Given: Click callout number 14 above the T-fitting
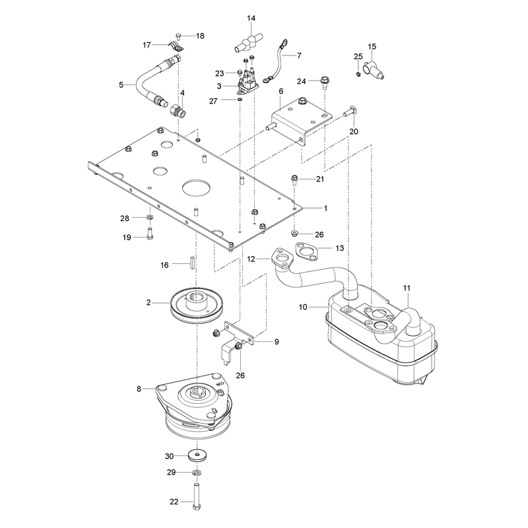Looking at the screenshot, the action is [251, 18].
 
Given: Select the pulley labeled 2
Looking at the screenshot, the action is [196, 305].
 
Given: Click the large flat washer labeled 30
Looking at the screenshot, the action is [197, 455].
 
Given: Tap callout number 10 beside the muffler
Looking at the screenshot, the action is [303, 307].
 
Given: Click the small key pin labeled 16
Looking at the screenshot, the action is [192, 263].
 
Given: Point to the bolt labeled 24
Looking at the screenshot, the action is [325, 82].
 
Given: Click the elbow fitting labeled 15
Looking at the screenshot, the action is [373, 69].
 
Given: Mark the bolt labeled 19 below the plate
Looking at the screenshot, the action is [150, 234].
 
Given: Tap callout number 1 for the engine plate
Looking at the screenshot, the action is [325, 209].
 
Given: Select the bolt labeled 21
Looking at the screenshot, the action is [294, 180].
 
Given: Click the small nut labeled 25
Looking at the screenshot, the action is [358, 74].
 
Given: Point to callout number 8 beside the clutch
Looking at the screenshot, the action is [139, 389].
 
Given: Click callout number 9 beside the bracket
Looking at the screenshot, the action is [277, 342].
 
